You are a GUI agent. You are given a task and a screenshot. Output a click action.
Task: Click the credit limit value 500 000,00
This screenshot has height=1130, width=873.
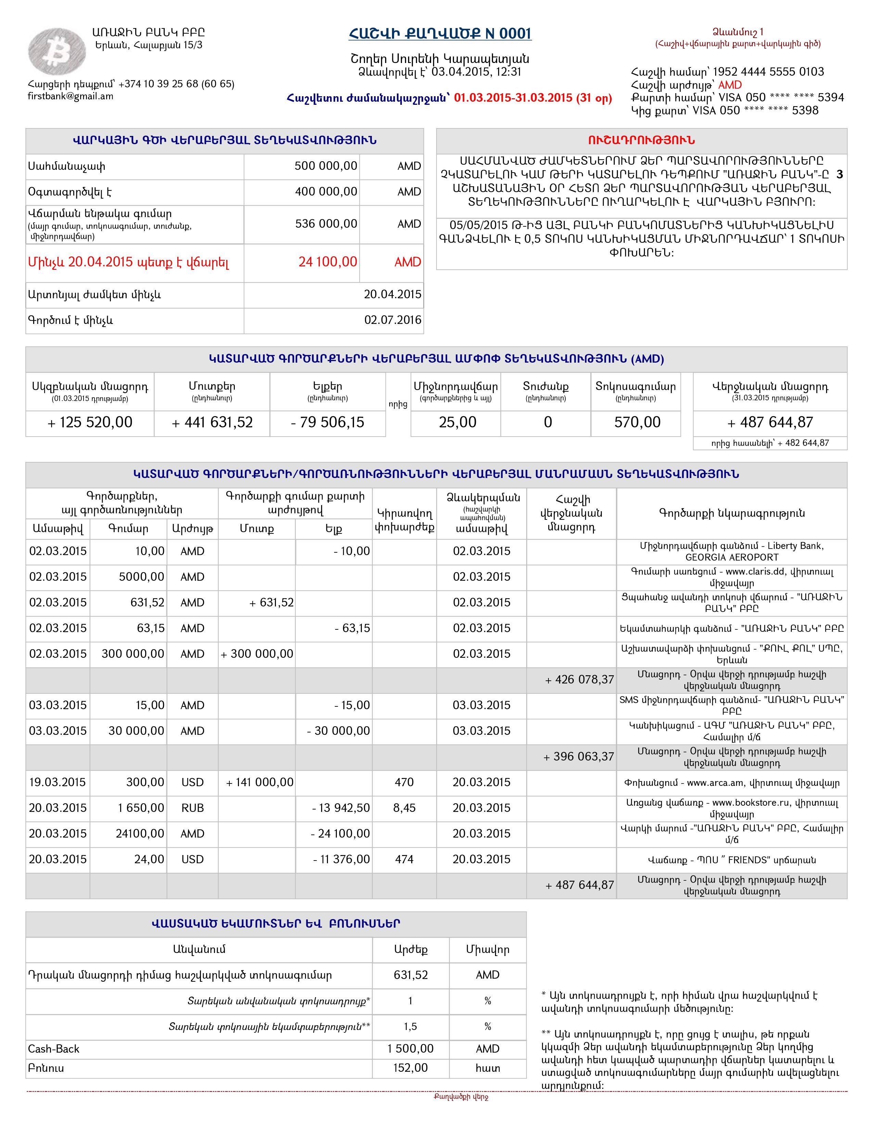tap(326, 166)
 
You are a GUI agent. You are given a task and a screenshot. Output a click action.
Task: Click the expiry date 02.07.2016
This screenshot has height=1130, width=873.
tap(393, 320)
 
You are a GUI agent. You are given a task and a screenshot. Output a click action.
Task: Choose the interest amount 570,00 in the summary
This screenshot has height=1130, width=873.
tap(637, 422)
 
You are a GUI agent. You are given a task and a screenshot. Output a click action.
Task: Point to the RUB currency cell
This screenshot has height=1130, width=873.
tap(192, 808)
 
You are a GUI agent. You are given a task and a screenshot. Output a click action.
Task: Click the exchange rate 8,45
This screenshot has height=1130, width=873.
tap(404, 808)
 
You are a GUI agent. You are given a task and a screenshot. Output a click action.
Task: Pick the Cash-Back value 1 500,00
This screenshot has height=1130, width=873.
tap(410, 1049)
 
